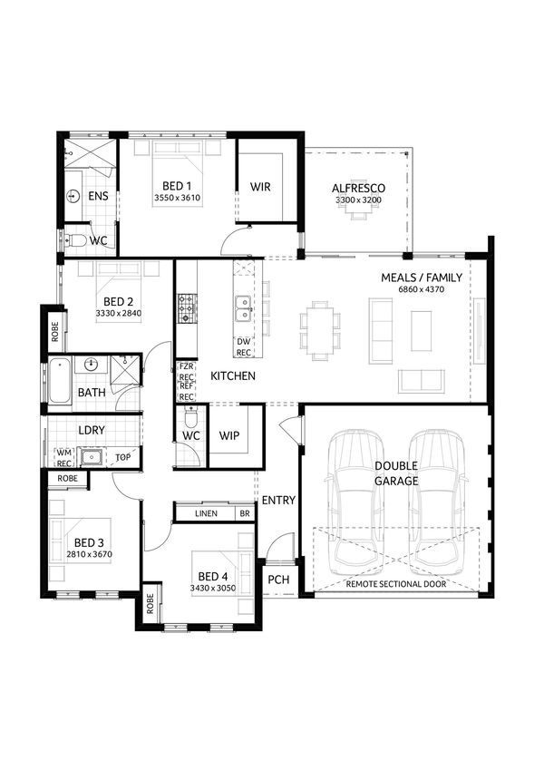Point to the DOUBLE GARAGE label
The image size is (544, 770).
pyautogui.click(x=396, y=473)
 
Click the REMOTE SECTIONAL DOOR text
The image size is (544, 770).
pyautogui.click(x=395, y=586)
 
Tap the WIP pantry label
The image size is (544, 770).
pyautogui.click(x=229, y=435)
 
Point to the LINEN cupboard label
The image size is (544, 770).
pyautogui.click(x=207, y=514)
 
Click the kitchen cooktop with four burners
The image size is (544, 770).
pyautogui.click(x=186, y=307)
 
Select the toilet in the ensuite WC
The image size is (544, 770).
pyautogui.click(x=75, y=240)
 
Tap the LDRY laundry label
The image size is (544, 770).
pyautogui.click(x=91, y=430)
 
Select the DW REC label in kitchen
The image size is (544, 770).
pyautogui.click(x=243, y=346)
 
